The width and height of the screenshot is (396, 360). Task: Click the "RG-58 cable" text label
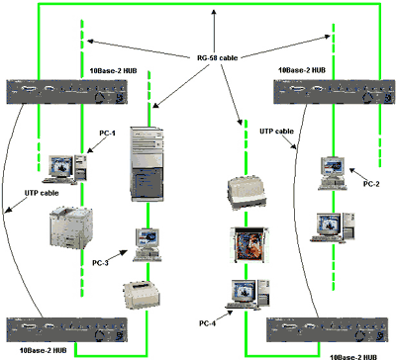point(218,58)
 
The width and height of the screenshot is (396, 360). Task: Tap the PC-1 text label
point(107,134)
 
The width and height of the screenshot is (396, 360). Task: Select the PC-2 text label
point(371,184)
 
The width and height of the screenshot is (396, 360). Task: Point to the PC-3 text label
point(100,263)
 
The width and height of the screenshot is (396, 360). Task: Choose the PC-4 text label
point(207,323)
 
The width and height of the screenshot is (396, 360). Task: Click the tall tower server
point(148,164)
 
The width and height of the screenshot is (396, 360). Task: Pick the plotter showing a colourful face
point(249,245)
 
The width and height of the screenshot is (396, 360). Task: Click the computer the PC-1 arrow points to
point(65,169)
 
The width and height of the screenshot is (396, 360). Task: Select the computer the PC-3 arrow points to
point(148,245)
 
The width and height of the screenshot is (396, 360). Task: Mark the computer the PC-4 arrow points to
point(247,295)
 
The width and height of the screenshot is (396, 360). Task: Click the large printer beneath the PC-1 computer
point(71,227)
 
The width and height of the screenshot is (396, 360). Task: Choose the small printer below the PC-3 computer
point(143,295)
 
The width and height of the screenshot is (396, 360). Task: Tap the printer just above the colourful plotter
point(247,193)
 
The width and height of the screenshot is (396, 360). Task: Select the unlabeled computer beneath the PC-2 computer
point(333,227)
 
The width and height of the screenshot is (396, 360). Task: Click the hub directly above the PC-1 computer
point(67,92)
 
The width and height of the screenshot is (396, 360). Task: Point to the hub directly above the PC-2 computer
point(335,92)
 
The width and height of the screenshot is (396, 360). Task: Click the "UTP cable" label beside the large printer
point(42,193)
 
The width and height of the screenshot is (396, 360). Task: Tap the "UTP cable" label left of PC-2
point(276,132)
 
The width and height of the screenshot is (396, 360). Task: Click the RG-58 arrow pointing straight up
point(214,32)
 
